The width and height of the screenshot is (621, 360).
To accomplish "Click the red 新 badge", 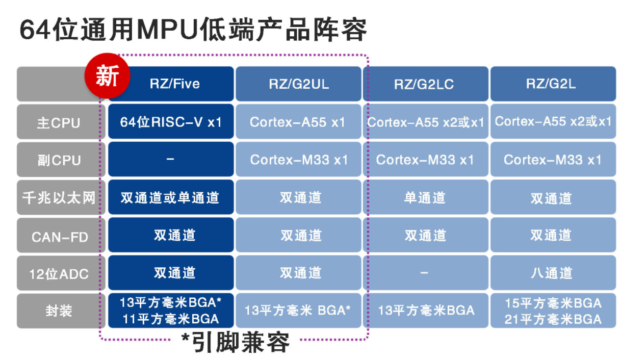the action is pos(107,75).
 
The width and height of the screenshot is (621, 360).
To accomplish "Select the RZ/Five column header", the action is pos(171,84).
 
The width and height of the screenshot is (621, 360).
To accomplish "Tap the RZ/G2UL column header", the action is pos(299,84).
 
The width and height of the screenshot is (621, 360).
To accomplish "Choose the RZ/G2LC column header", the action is pos(426,84).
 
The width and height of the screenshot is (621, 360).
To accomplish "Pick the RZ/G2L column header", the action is pos(553,84).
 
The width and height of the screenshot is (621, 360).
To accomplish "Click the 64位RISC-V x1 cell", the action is pos(171,121).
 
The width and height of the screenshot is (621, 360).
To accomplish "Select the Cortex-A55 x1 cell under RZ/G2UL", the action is pos(299,121).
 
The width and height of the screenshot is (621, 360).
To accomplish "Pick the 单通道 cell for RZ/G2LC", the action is pos(426,197).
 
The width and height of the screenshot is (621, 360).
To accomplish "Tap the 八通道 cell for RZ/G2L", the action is pos(553,273).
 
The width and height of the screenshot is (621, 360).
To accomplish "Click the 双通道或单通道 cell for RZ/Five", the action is pos(171,197).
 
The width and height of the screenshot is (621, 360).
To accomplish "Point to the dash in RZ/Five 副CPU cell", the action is pos(170,159).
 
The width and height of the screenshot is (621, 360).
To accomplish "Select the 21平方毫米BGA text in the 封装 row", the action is pos(553,319).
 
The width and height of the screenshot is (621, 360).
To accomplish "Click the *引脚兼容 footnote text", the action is pos(235,343).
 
